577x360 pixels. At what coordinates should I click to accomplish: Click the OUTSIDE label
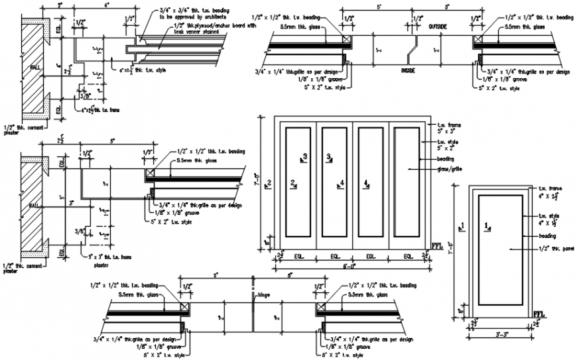coord(438,26)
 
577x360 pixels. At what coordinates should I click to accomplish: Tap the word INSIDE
coord(408,69)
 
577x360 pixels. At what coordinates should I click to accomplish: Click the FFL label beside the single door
coord(539,313)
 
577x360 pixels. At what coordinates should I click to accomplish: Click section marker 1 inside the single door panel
coord(488,227)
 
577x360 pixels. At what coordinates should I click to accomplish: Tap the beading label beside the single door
coord(547,235)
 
